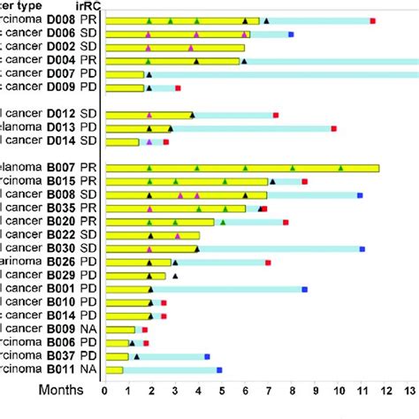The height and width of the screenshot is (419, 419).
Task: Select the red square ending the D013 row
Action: [333, 128]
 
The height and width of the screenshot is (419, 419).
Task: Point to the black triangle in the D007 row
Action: [149, 74]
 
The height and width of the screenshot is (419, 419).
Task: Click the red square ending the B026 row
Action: [268, 263]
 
